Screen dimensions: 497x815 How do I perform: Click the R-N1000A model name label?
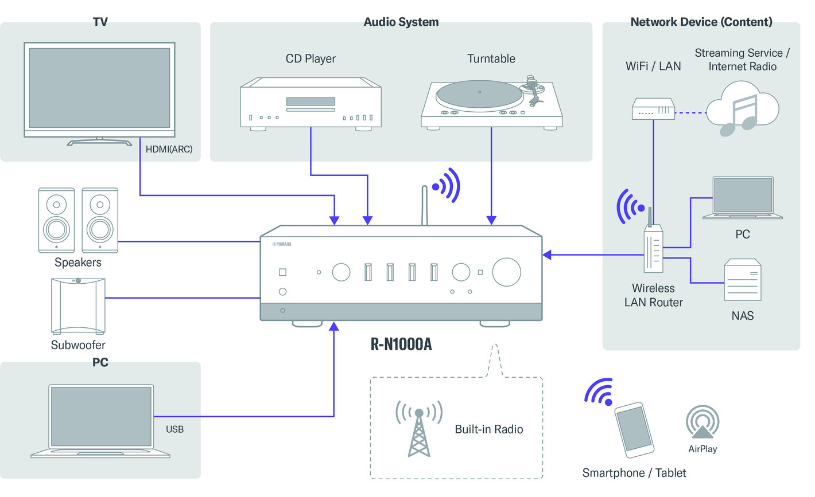pyautogui.click(x=401, y=344)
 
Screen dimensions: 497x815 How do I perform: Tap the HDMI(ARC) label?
pyautogui.click(x=169, y=149)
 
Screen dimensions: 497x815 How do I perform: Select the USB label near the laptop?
pyautogui.click(x=174, y=429)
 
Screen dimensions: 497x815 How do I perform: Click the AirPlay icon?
pyautogui.click(x=703, y=422)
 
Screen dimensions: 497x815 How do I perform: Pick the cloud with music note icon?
pyautogui.click(x=742, y=109)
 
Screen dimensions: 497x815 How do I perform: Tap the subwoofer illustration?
pyautogui.click(x=78, y=306)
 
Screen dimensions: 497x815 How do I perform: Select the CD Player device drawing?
pyautogui.click(x=311, y=103)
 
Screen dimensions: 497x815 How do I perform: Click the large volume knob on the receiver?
pyautogui.click(x=506, y=272)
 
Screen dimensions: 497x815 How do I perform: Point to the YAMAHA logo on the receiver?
pyautogui.click(x=282, y=244)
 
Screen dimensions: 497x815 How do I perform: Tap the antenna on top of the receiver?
pyautogui.click(x=425, y=205)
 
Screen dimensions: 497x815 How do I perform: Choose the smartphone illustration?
pyautogui.click(x=634, y=430)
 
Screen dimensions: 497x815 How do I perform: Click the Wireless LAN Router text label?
pyautogui.click(x=653, y=295)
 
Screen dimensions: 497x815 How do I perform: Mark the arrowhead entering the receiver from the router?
pyautogui.click(x=547, y=255)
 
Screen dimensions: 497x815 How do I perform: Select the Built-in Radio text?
pyautogui.click(x=488, y=429)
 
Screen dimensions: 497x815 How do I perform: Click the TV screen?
pyautogui.click(x=99, y=88)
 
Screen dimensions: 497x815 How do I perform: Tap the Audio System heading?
pyautogui.click(x=401, y=22)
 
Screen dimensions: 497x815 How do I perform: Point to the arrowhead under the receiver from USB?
pyautogui.click(x=334, y=326)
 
